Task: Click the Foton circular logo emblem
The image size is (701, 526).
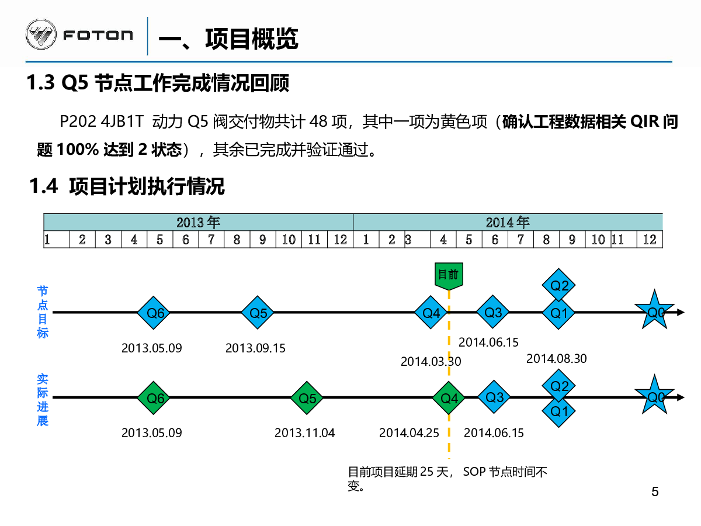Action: [41, 34]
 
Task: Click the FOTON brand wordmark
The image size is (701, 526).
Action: [98, 35]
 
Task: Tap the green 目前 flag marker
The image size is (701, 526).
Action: [449, 276]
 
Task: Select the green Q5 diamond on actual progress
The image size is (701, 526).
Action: [307, 398]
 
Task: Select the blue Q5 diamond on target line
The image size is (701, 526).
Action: [258, 313]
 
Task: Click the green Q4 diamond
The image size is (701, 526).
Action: [449, 398]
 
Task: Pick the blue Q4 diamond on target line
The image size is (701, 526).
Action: [431, 312]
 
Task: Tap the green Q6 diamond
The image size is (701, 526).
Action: [153, 398]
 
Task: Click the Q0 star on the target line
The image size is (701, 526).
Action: [654, 310]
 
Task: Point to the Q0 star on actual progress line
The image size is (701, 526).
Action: [654, 396]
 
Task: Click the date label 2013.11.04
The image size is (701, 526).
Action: [305, 433]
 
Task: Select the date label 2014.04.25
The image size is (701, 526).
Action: [409, 433]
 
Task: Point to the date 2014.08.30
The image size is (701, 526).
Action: [557, 359]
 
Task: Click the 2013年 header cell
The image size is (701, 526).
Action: [198, 222]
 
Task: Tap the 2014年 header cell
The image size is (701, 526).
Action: [508, 222]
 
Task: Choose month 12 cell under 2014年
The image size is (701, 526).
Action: [650, 240]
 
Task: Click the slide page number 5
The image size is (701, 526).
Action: [655, 492]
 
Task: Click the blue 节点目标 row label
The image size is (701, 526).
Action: [43, 312]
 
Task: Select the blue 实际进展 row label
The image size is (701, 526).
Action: [43, 400]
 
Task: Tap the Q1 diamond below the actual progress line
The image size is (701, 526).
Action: [558, 411]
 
